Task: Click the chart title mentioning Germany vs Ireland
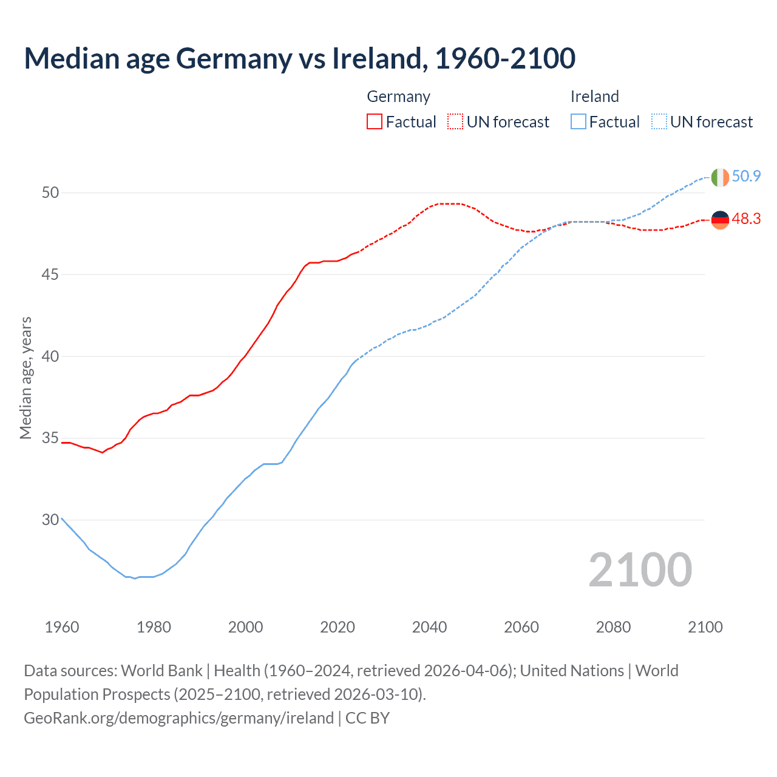click(x=299, y=59)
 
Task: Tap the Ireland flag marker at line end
click(x=719, y=177)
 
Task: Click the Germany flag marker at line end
click(x=719, y=220)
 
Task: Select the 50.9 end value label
click(x=746, y=176)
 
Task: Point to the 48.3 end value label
click(x=746, y=219)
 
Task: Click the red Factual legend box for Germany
click(x=375, y=122)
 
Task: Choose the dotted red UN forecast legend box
click(x=455, y=122)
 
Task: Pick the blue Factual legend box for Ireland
click(x=579, y=122)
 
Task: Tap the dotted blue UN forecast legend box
click(x=659, y=122)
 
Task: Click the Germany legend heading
click(x=398, y=97)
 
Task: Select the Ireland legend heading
click(x=594, y=97)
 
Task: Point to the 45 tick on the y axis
click(x=50, y=274)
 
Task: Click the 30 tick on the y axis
click(x=50, y=520)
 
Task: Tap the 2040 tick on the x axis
click(x=429, y=627)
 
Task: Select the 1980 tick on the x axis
click(x=154, y=627)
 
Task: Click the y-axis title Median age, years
click(x=25, y=378)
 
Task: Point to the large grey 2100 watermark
click(x=640, y=569)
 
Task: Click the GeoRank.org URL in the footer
click(x=178, y=718)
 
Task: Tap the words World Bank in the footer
click(x=161, y=671)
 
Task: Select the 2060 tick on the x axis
click(x=521, y=627)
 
